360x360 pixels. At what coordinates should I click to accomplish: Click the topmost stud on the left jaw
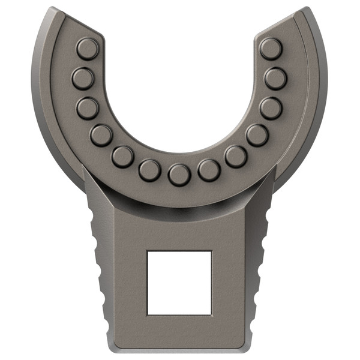click(x=88, y=49)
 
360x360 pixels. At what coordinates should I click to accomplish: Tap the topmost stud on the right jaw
click(x=271, y=49)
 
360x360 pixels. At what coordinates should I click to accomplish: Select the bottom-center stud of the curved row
click(x=179, y=175)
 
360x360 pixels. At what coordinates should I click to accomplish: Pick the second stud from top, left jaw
click(x=83, y=78)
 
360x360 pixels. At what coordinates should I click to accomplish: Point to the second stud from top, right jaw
click(x=275, y=78)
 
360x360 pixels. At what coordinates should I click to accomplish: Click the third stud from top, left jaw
click(x=88, y=108)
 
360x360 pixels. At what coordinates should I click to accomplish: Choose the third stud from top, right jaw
click(x=271, y=108)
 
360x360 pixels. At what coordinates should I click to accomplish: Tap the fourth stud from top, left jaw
click(x=101, y=135)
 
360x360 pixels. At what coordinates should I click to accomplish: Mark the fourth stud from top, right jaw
click(x=257, y=135)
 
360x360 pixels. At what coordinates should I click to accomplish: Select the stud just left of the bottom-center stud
click(x=149, y=170)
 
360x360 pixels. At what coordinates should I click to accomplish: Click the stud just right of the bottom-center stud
click(x=209, y=170)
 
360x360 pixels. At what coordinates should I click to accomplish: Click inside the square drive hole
click(x=179, y=283)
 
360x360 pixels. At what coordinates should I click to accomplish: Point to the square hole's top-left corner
click(x=148, y=251)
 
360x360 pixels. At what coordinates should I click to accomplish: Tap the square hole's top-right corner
click(x=211, y=251)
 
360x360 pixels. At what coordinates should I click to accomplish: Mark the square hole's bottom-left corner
click(x=148, y=314)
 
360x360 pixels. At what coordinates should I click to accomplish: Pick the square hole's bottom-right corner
click(x=211, y=314)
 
